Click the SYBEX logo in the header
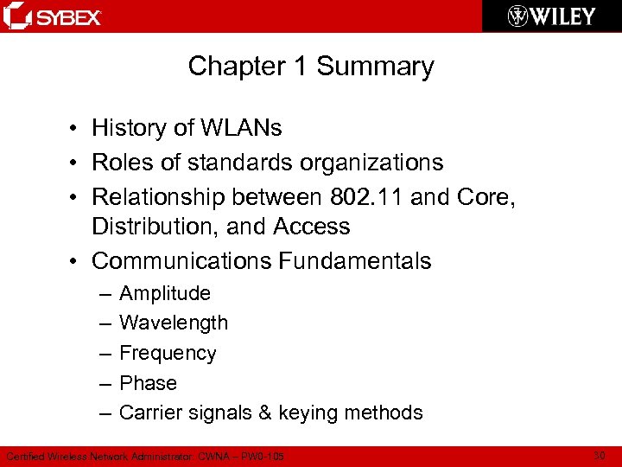(54, 16)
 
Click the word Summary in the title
(376, 67)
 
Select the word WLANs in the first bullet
(242, 128)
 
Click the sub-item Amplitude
(165, 293)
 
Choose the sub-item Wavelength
(174, 323)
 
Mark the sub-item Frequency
(168, 353)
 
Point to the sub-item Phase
(148, 383)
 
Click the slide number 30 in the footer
(600, 455)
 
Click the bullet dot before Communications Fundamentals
(78, 260)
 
